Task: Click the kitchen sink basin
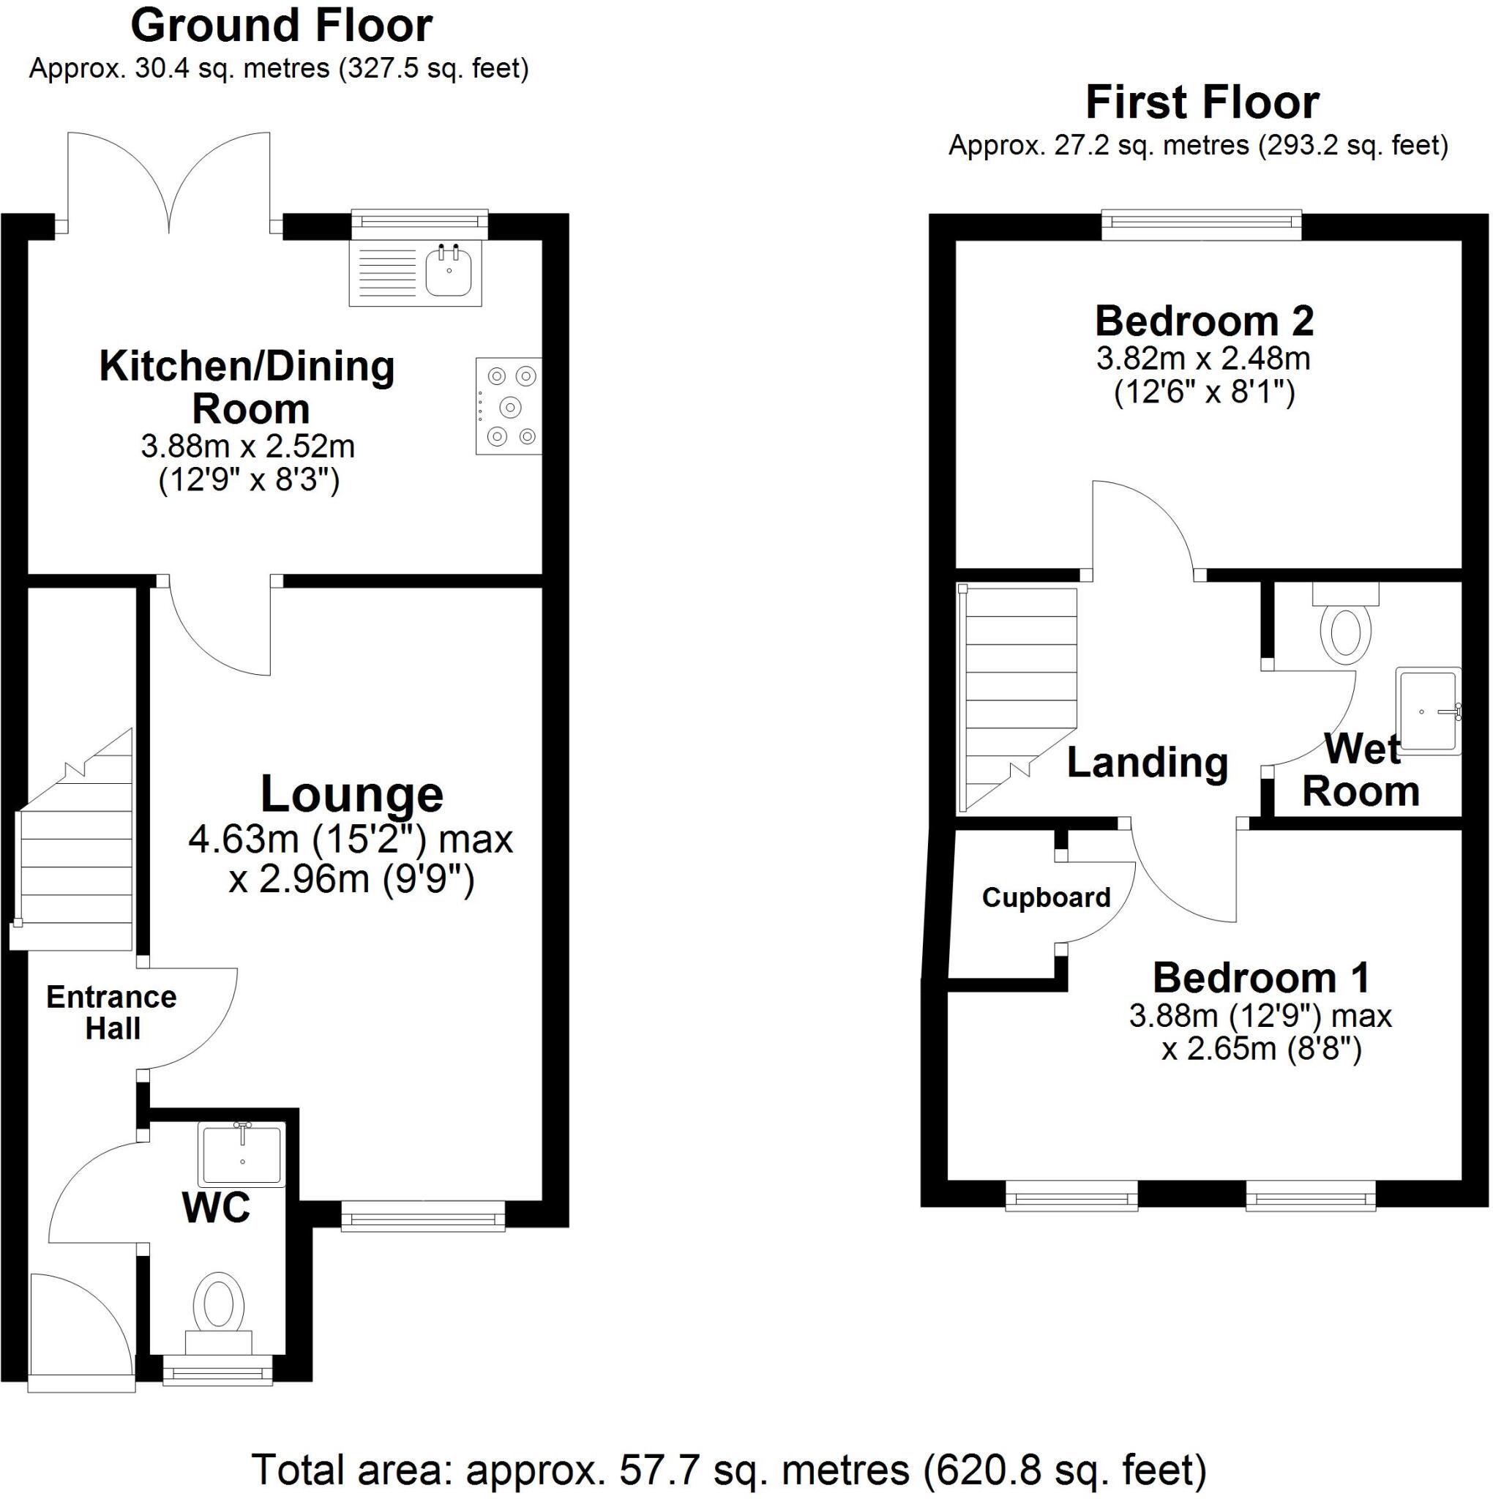448,272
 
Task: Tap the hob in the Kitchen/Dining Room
508,405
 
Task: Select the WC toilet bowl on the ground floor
219,1302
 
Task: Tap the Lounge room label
351,793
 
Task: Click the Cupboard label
1046,897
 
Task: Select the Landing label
1147,762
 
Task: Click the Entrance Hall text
112,1012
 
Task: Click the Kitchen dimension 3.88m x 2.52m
247,446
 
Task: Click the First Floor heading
1202,102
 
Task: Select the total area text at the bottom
730,1469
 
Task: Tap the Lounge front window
423,1215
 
